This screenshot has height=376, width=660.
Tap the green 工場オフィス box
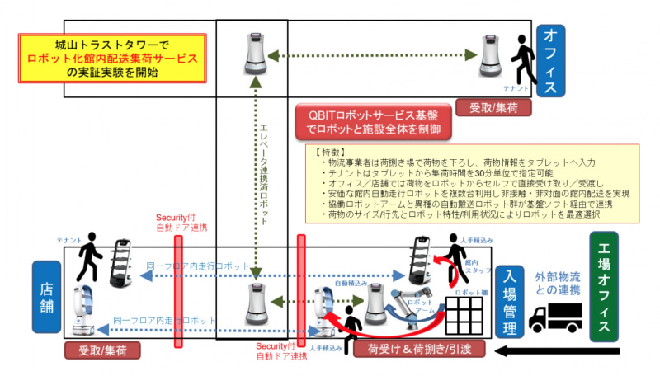pyautogui.click(x=604, y=286)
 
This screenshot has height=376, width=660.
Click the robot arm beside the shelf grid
pyautogui.click(x=407, y=303)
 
